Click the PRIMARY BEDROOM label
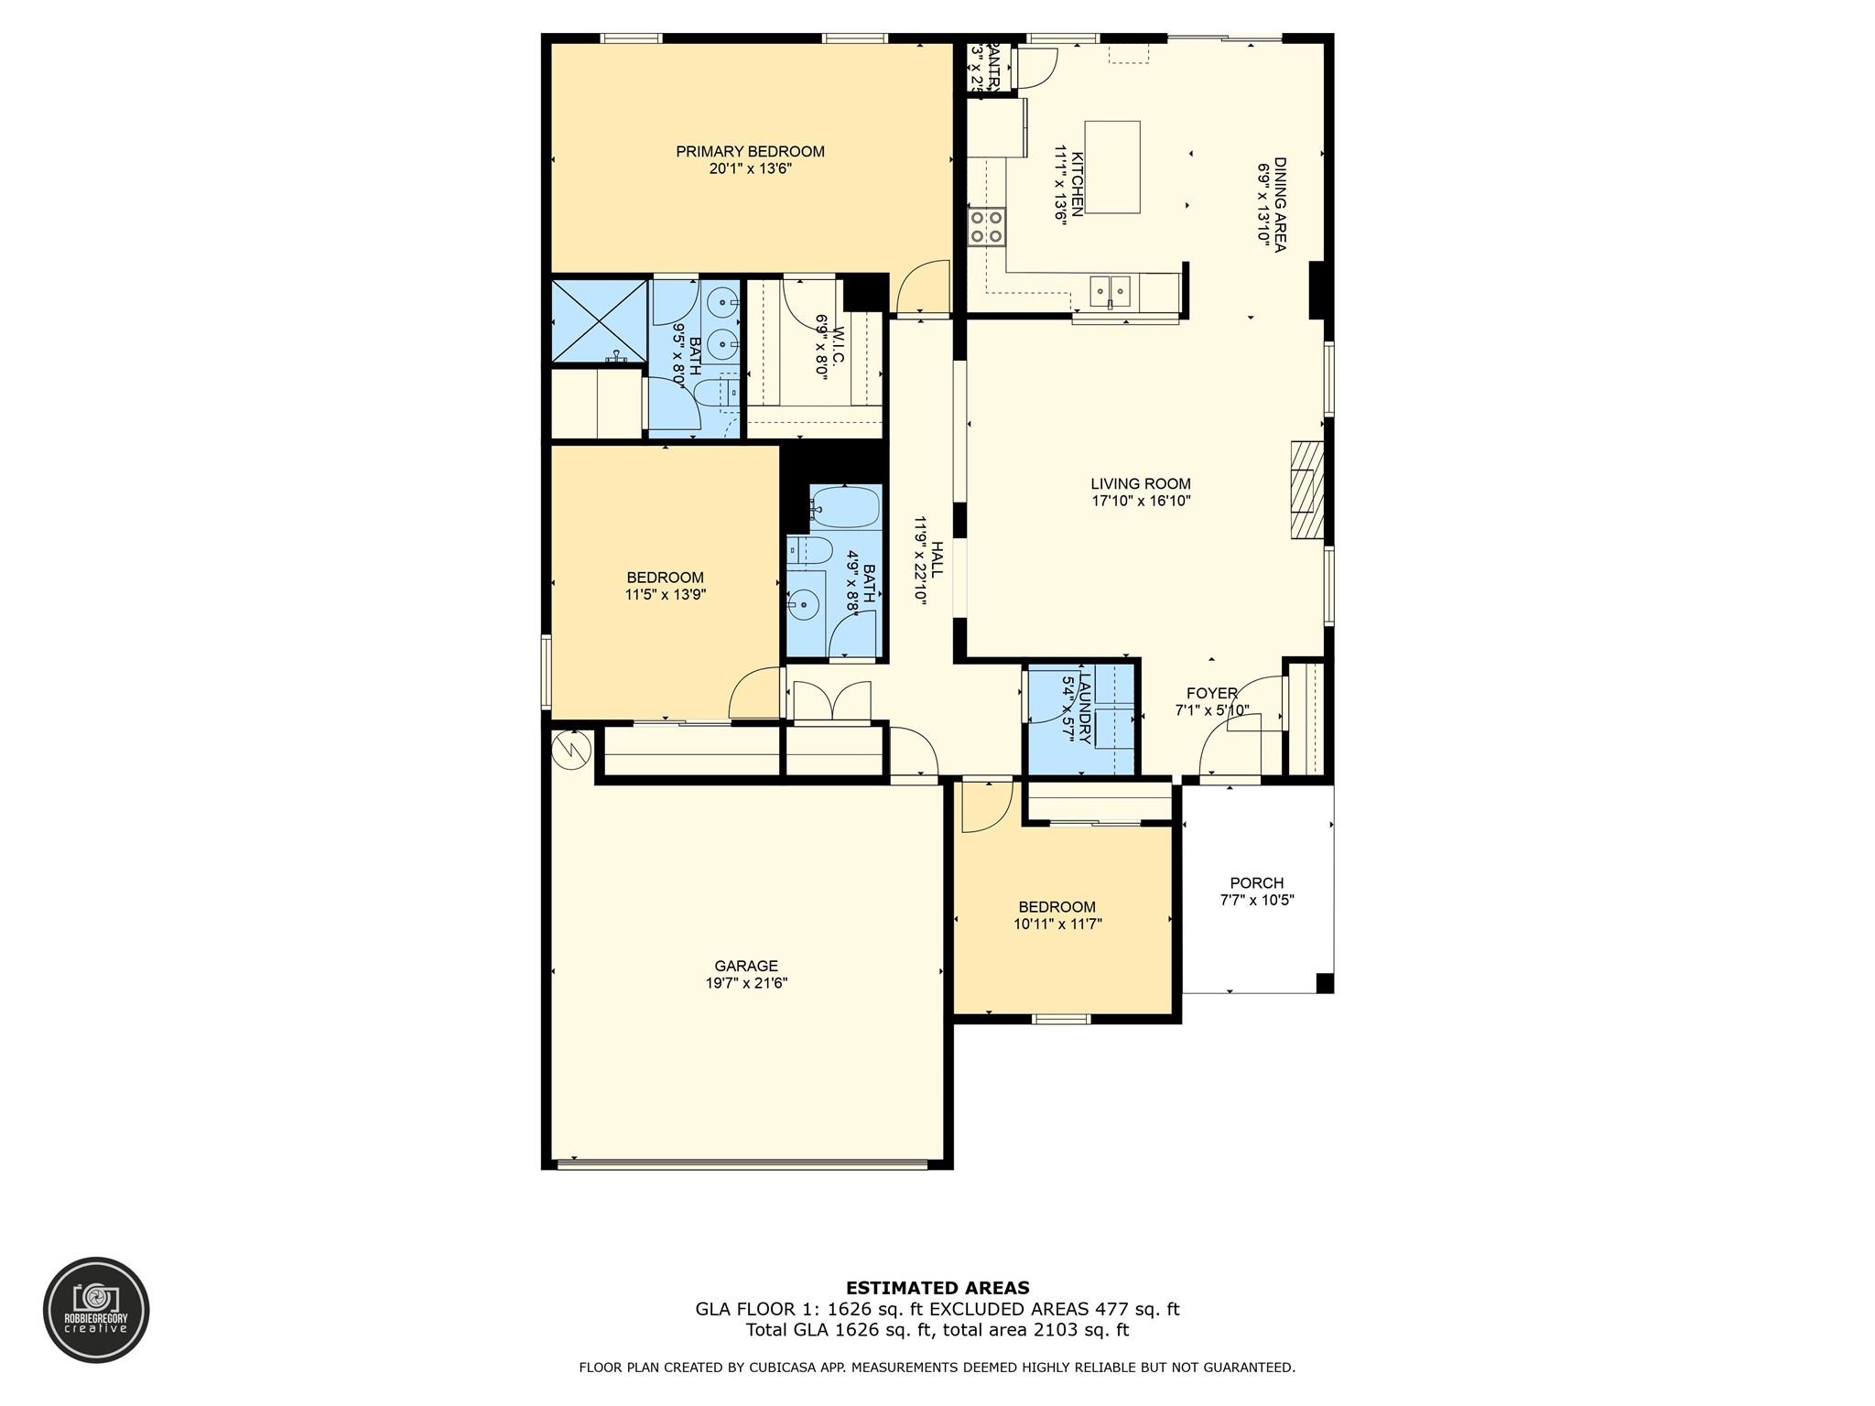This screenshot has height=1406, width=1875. [x=750, y=152]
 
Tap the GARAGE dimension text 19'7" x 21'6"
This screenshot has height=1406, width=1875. [x=746, y=983]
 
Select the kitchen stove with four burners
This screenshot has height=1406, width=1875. [x=987, y=226]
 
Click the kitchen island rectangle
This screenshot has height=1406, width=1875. [x=1112, y=168]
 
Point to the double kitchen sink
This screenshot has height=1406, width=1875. [x=1110, y=292]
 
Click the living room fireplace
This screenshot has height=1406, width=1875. [x=1307, y=490]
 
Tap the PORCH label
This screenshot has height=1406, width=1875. [x=1256, y=883]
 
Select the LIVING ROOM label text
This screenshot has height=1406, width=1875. [x=1140, y=484]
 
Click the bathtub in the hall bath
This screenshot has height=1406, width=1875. [x=844, y=507]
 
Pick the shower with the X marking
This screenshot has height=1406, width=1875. [x=599, y=320]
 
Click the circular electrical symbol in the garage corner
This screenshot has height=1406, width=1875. [x=571, y=751]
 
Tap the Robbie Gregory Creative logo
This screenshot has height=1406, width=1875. [x=96, y=1310]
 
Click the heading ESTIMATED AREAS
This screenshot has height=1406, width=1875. [x=937, y=1288]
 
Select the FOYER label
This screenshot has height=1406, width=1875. [x=1211, y=694]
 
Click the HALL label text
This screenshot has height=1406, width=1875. [x=937, y=558]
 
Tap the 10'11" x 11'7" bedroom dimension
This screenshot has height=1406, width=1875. [x=1057, y=925]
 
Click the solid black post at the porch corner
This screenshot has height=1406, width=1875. [x=1324, y=983]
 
